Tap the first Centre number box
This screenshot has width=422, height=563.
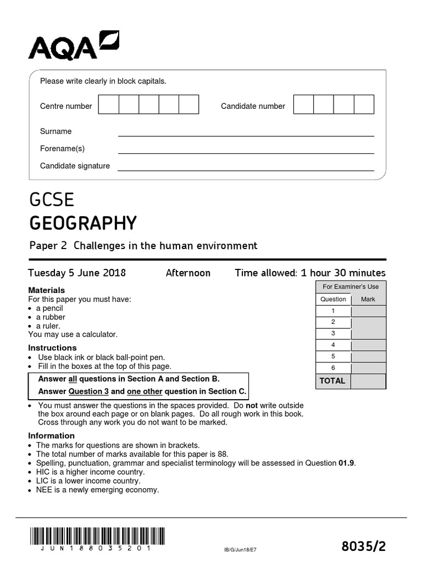pos(108,104)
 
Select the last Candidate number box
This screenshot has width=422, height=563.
pos(364,104)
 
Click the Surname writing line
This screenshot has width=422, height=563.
pos(246,132)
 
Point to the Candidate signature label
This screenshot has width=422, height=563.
pos(75,166)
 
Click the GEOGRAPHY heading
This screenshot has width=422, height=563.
pos(82,223)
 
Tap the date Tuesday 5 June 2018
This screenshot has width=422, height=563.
pos(77,273)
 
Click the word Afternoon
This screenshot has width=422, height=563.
pos(188,273)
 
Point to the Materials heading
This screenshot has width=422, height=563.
pos(46,290)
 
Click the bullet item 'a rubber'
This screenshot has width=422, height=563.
pos(51,317)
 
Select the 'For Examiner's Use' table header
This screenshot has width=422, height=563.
pos(351,286)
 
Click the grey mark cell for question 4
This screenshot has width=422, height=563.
pos(368,345)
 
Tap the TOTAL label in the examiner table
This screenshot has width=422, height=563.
pos(332,381)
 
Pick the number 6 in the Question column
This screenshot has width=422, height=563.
pos(333,368)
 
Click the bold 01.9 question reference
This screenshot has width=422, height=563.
pos(347,463)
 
